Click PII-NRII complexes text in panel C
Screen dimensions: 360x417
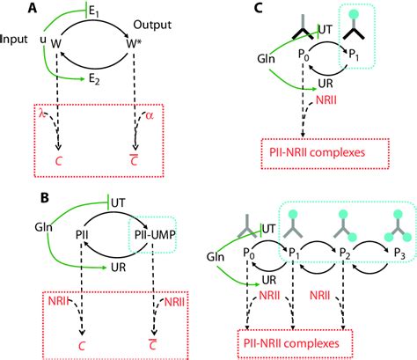tap(314, 158)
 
